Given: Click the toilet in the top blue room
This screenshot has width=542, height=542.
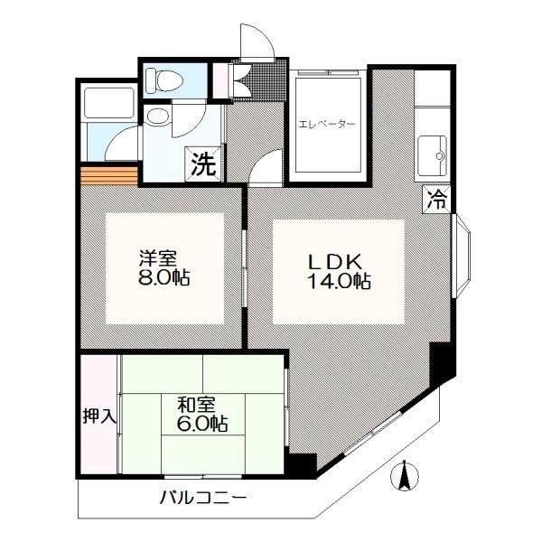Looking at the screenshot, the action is coord(164,80).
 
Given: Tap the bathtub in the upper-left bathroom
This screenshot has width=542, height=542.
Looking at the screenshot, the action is coord(109,102).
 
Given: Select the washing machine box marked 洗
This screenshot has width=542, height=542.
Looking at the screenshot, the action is coord(203,164).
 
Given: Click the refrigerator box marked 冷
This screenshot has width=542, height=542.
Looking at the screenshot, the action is coord(436,199).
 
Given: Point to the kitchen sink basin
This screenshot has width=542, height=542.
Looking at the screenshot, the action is coord(433,155).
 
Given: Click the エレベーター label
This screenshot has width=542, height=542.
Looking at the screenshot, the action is coord(326,124).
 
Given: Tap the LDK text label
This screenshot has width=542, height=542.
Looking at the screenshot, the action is coord(336,262).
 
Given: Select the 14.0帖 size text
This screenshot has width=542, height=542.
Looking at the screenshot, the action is coord(339,281).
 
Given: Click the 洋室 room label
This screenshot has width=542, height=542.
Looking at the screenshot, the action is coord(158,257).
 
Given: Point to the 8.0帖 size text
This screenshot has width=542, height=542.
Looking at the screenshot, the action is coord(164,276).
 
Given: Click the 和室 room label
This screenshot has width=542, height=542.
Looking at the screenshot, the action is coord(196,405).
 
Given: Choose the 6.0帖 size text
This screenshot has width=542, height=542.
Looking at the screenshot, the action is coord(202,424).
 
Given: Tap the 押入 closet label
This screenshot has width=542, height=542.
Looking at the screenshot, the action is coord(98,416).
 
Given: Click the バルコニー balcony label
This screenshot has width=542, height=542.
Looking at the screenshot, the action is coord(203,498).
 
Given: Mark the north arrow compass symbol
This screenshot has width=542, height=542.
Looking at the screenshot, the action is coord(405,476).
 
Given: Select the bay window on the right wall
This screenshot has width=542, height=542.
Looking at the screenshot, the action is coord(461,257).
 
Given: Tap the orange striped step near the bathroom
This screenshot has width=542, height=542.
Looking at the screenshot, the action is coord(109,176).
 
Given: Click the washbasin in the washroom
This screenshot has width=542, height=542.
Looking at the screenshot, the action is coord(158,117).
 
